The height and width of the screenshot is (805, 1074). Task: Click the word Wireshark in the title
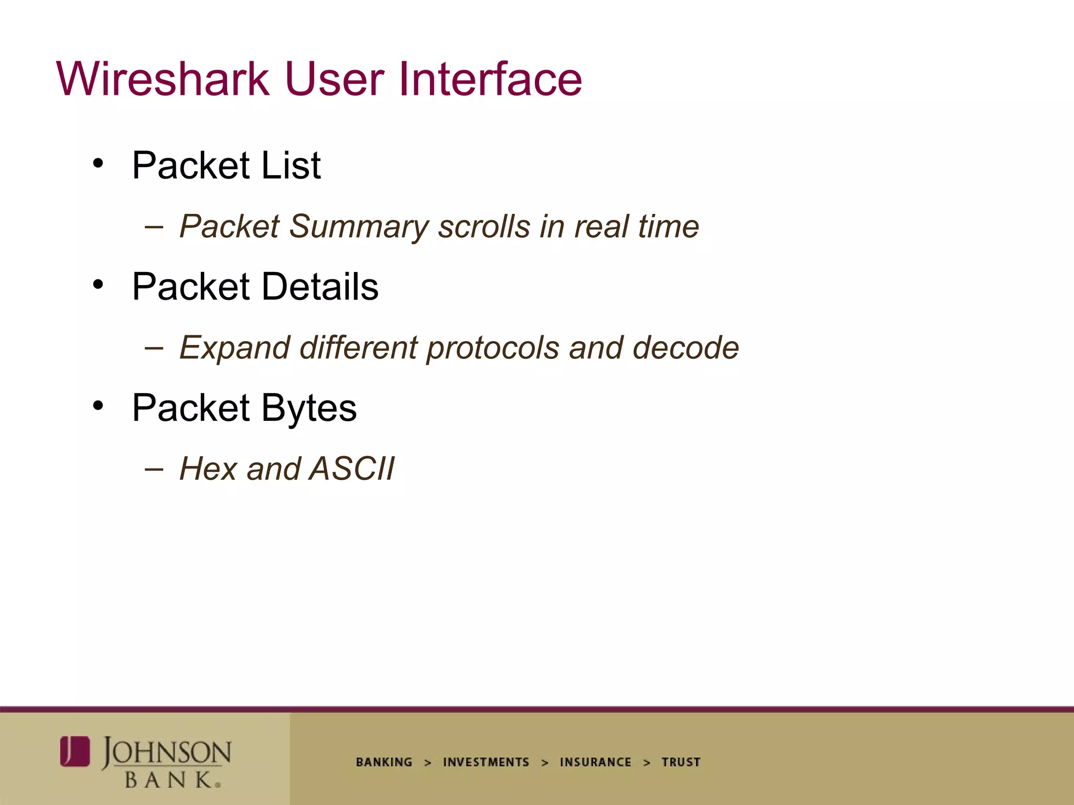click(163, 79)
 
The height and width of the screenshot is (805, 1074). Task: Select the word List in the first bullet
click(291, 166)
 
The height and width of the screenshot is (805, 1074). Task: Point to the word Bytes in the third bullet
click(309, 408)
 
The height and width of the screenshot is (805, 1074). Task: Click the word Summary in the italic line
click(359, 227)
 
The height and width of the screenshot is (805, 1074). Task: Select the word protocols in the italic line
click(493, 348)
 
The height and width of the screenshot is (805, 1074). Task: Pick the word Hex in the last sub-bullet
click(209, 469)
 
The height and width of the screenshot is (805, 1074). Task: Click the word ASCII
click(352, 469)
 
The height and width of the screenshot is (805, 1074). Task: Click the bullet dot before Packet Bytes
click(98, 406)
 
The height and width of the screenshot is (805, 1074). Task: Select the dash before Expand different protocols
click(154, 347)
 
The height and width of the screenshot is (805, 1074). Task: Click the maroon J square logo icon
click(75, 751)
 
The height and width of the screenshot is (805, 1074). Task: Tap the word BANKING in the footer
click(384, 762)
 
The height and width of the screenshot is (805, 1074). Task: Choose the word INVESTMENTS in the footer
click(486, 762)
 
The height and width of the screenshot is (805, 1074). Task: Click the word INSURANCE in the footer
click(595, 762)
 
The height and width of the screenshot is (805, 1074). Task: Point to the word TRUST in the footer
click(681, 762)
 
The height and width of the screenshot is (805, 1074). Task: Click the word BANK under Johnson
click(169, 780)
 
